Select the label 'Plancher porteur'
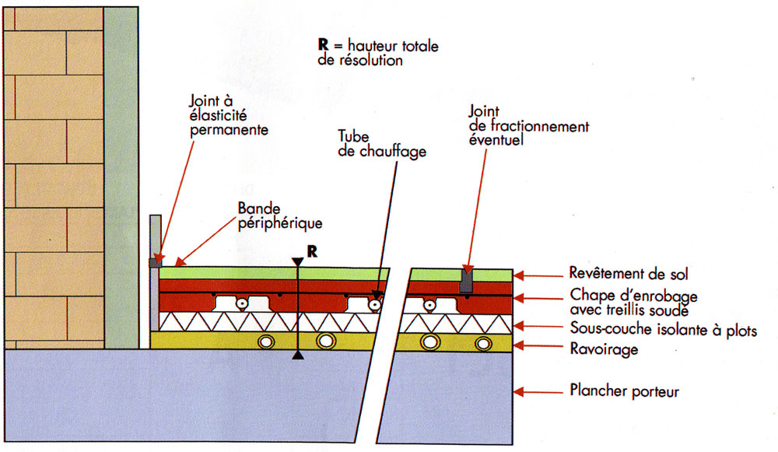pos(624,391)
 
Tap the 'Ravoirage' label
pos(604,349)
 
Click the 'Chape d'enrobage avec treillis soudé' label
pos(633,303)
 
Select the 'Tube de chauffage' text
pos(381,144)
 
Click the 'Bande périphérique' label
pos(279,216)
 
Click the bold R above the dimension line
pos(312,251)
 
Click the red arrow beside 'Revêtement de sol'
pos(536,275)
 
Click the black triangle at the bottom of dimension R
pos(298,356)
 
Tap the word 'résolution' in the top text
pos(361,60)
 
